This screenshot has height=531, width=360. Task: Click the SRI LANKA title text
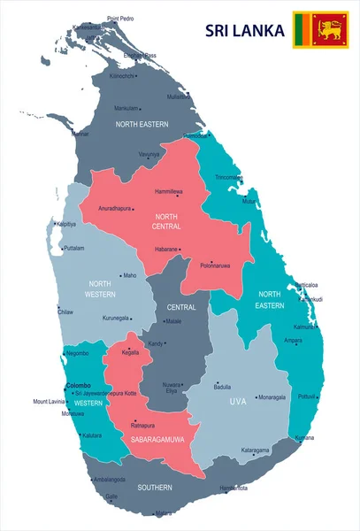tap(245, 31)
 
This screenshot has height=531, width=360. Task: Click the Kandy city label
tap(155, 343)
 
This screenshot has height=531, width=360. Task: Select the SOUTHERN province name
tap(155, 488)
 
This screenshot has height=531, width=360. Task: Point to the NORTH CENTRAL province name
tap(167, 221)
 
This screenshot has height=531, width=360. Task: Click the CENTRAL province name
tap(181, 307)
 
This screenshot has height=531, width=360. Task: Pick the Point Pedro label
tap(121, 19)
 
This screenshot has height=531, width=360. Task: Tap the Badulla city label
tap(222, 387)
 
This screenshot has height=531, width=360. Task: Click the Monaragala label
tap(272, 397)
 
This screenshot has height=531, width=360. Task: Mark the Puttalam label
tap(73, 249)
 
